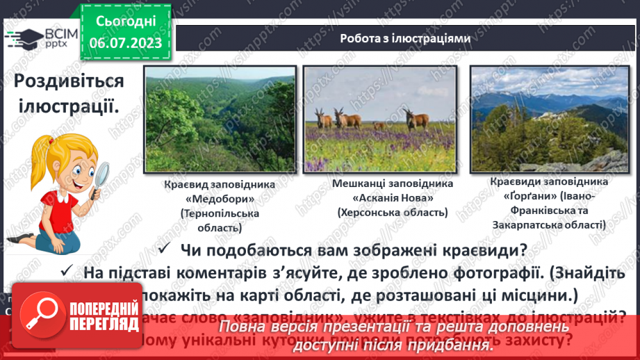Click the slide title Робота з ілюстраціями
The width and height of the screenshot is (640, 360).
pyautogui.click(x=406, y=39)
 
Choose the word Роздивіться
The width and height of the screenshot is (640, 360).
pyautogui.click(x=69, y=81)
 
